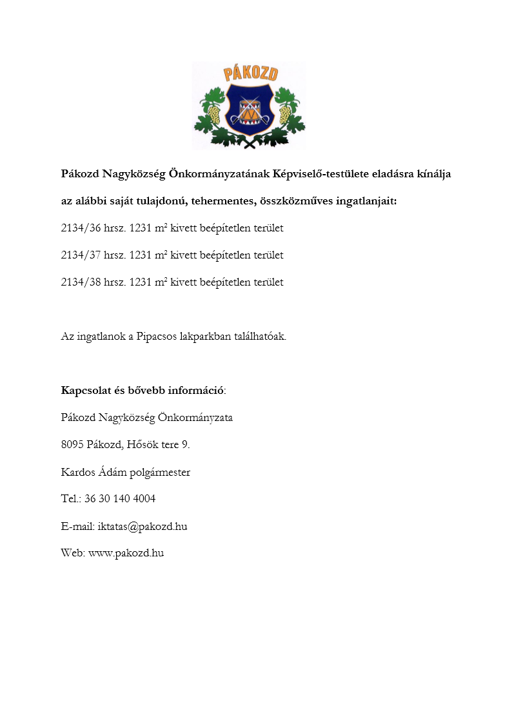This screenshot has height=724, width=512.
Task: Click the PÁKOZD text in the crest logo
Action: [x=251, y=73]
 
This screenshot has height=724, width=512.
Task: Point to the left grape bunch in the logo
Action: [x=213, y=114]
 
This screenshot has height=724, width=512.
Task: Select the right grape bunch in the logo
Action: [x=284, y=114]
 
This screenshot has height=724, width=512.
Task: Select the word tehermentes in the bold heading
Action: [x=221, y=201]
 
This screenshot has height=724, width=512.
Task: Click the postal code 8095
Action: [x=72, y=445]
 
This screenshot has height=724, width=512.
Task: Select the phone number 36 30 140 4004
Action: [x=120, y=499]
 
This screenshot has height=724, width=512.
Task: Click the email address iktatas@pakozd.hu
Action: [x=143, y=526]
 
